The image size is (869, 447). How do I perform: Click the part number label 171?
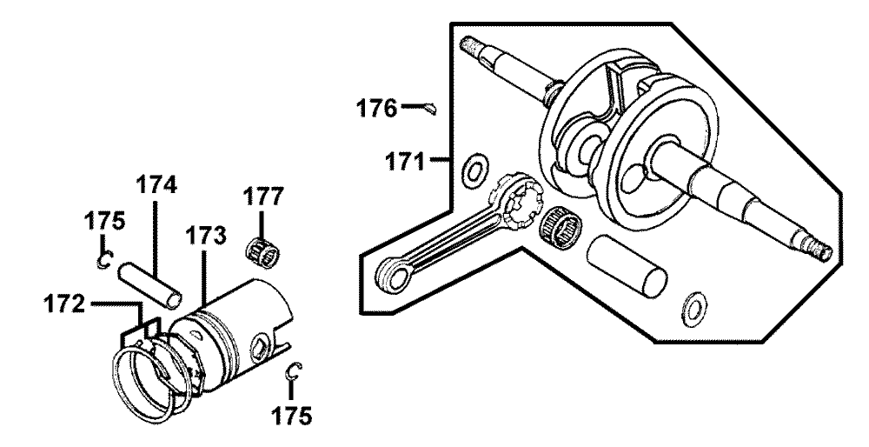coord(406,163)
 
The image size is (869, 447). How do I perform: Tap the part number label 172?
coord(66,305)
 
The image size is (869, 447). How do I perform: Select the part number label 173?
coord(206,236)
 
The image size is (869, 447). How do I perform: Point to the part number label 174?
coord(156,184)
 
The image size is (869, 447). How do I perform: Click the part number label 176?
coord(376,108)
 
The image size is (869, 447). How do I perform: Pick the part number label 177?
coord(263,197)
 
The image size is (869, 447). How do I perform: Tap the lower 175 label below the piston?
coord(292,415)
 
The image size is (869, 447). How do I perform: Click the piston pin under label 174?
coord(149,284)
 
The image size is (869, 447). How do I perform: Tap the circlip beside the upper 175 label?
coord(105,259)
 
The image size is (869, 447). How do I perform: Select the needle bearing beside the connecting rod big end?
coord(561,229)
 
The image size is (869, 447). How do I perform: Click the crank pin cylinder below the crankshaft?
coord(627,264)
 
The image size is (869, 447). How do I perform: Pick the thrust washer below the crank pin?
coord(693,307)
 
